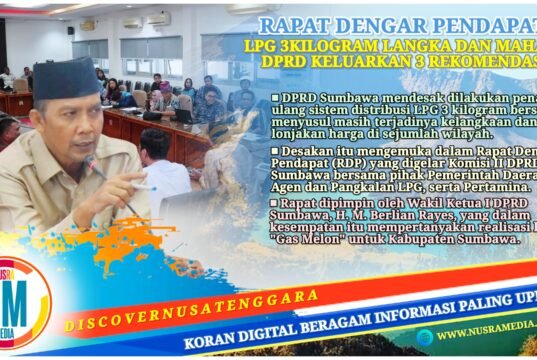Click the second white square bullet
pyautogui.click(x=276, y=150)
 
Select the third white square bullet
pyautogui.click(x=276, y=203)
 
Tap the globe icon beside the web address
pyautogui.click(x=424, y=337)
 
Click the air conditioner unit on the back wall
pyautogui.click(x=158, y=18)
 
